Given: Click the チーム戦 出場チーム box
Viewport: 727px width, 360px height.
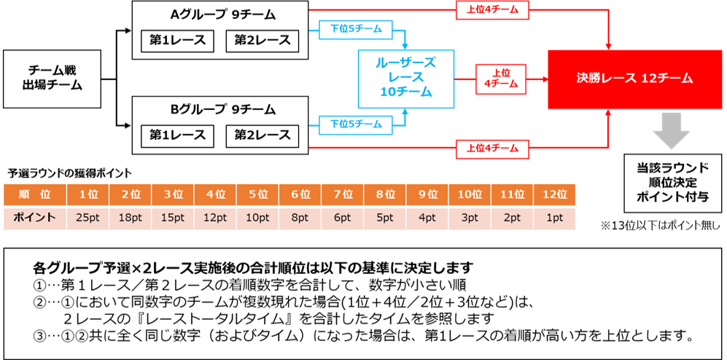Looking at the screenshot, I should tap(52, 78).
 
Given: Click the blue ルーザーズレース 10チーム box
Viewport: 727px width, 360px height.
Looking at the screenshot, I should tap(405, 77).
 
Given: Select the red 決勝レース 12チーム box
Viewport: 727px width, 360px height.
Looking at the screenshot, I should tap(634, 78).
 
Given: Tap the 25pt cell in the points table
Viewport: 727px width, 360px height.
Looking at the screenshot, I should tap(88, 218).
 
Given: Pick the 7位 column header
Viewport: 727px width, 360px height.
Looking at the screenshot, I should tap(343, 195).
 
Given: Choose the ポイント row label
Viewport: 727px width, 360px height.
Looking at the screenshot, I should tap(34, 218).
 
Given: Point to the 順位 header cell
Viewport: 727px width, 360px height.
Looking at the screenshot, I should tap(34, 195).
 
